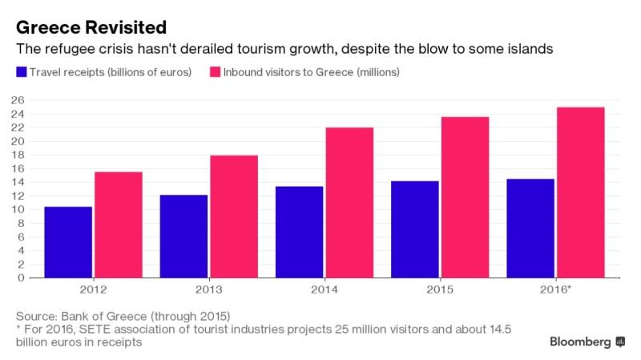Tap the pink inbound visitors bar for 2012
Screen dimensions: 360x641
[119, 224]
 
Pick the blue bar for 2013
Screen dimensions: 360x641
[183, 236]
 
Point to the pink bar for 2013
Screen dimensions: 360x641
[234, 216]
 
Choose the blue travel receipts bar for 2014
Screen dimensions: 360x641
[299, 232]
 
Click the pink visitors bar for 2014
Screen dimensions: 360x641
[349, 203]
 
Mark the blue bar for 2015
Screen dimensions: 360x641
[414, 229]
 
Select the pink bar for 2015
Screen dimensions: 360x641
[465, 197]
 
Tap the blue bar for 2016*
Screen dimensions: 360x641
[530, 228]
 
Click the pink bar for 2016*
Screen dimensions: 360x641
[580, 192]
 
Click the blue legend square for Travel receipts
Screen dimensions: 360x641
[22, 73]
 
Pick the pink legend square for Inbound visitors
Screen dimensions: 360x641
[214, 73]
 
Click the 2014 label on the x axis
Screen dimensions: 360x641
[324, 289]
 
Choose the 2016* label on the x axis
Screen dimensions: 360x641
[556, 289]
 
